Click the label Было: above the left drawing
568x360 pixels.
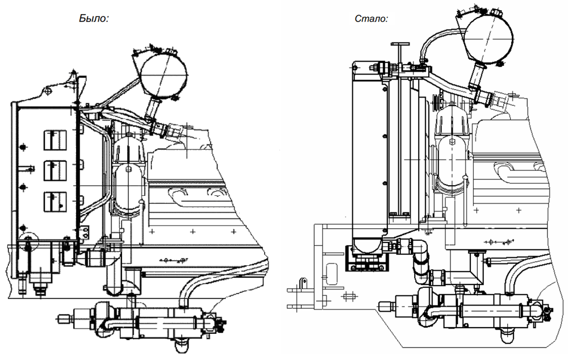pyautogui.click(x=93, y=18)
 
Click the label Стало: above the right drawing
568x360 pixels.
pyautogui.click(x=371, y=18)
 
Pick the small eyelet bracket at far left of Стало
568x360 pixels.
pyautogui.click(x=302, y=283)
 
